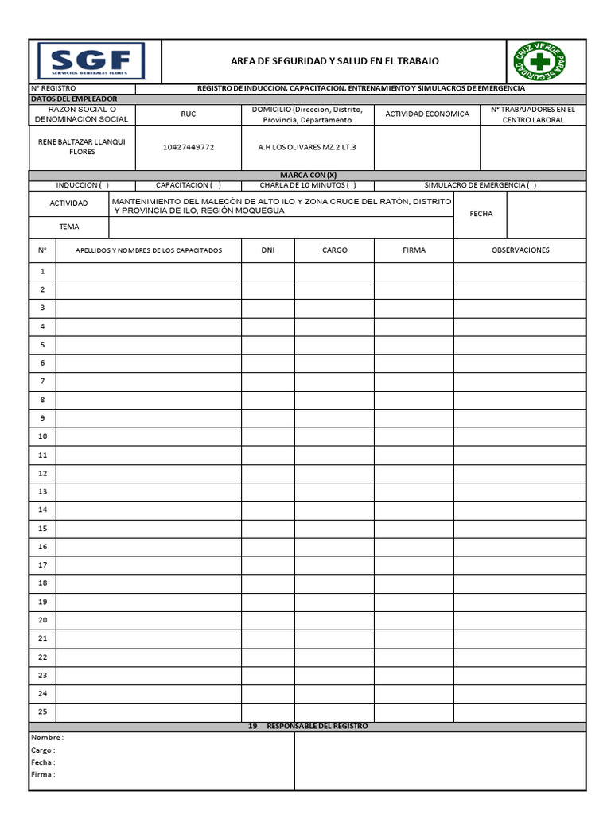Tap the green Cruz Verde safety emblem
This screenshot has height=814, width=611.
[540, 61]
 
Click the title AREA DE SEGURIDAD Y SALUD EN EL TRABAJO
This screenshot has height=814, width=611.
[334, 61]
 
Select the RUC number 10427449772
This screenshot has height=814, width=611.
[189, 147]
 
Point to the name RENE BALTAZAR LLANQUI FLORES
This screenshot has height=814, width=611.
[82, 147]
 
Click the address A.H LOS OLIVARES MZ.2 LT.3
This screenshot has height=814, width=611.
[308, 147]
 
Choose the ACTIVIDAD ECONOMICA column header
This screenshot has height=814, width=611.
[427, 114]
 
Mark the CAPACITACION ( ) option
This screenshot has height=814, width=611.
[189, 185]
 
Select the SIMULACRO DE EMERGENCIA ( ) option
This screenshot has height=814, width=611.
[481, 185]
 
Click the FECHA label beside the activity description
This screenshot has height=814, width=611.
[481, 214]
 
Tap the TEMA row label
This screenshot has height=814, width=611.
[69, 227]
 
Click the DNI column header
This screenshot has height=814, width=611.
[268, 250]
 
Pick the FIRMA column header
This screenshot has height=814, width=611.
[414, 250]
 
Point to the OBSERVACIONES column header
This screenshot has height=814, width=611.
[520, 250]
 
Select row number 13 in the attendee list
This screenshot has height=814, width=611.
[43, 491]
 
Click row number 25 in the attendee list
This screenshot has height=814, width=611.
[43, 711]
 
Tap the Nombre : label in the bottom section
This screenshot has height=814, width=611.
[47, 737]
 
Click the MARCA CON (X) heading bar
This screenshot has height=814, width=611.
[308, 175]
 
